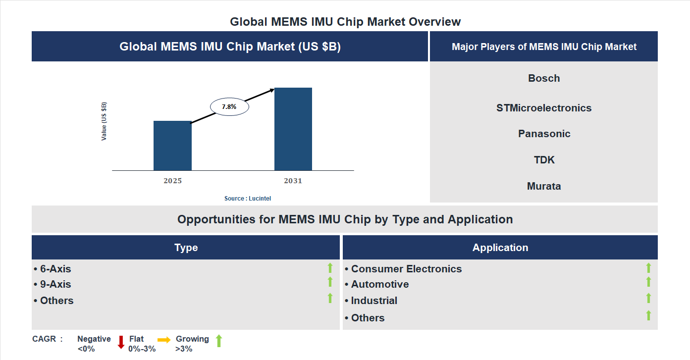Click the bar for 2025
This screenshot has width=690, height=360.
click(x=172, y=146)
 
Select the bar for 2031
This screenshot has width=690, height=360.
click(x=293, y=129)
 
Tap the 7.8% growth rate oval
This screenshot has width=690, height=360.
click(x=229, y=106)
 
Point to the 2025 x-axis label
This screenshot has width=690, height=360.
click(x=172, y=181)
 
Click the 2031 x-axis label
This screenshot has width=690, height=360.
click(x=293, y=181)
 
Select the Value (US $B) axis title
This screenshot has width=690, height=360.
click(x=104, y=121)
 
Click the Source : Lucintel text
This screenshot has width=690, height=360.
click(x=248, y=198)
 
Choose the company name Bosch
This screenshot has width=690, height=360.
click(x=544, y=78)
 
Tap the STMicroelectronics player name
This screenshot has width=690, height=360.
click(x=544, y=108)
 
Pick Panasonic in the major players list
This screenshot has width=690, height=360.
click(x=544, y=134)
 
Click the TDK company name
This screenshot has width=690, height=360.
click(x=544, y=160)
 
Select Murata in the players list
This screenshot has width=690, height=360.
click(x=544, y=186)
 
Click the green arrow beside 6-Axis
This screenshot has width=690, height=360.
click(x=330, y=268)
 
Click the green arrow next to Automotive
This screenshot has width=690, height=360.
click(x=648, y=282)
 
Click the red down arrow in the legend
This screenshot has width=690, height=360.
click(x=121, y=342)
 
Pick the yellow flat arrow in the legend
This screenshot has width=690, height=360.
click(x=164, y=340)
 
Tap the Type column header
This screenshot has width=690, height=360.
click(x=186, y=248)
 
